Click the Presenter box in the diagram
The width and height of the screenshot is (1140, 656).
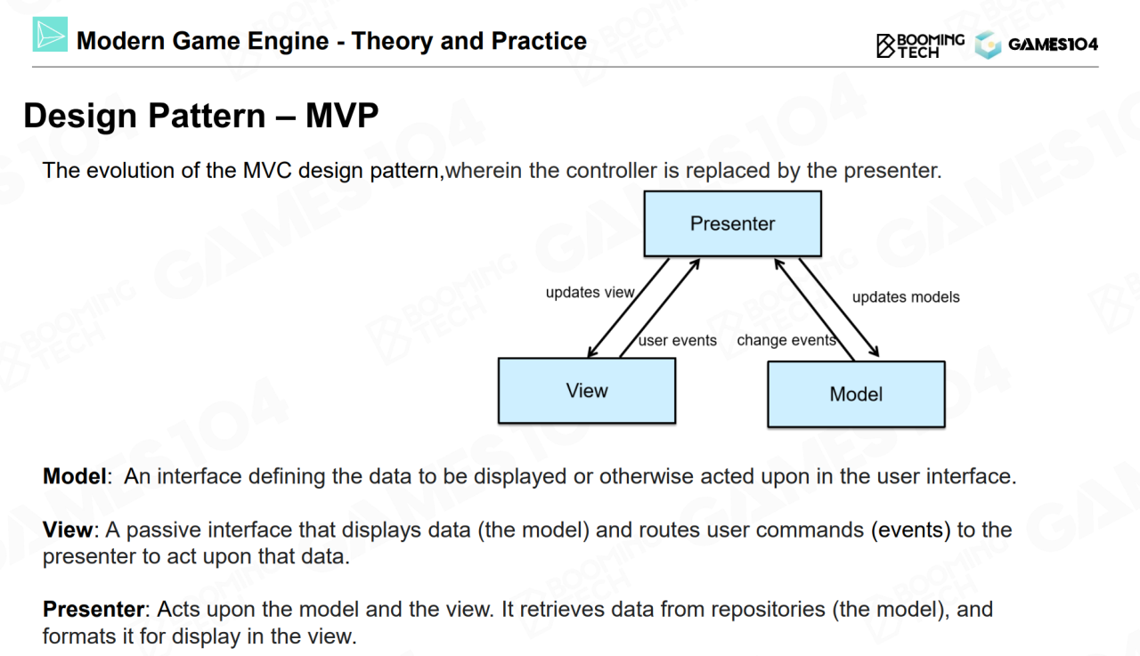coord(732,223)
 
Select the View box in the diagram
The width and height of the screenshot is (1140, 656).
coord(586,391)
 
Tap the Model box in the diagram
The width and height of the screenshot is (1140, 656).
coord(856,394)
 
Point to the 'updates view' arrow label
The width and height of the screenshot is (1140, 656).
coord(590,292)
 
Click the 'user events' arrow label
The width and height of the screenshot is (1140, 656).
coord(678,340)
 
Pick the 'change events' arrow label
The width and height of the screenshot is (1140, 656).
coord(786,340)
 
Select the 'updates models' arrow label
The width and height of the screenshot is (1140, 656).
coord(906,296)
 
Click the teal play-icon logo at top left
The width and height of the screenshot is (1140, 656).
coord(51,34)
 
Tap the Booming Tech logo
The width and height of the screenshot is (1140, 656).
coord(920,45)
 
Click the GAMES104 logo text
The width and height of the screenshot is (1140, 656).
coord(1053,45)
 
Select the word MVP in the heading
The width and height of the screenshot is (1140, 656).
coord(342,117)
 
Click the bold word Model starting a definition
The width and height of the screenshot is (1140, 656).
coord(74,476)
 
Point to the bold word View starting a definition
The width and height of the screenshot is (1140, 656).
coord(67,530)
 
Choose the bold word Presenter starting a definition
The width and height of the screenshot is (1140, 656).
coord(94,610)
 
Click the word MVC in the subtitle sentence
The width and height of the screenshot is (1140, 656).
coord(267,171)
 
